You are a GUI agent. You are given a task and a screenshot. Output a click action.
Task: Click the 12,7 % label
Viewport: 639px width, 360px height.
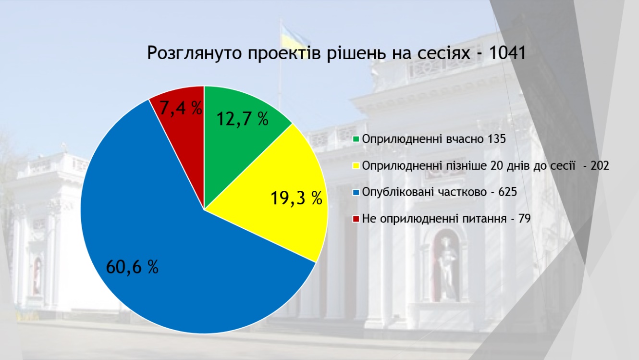click(x=243, y=119)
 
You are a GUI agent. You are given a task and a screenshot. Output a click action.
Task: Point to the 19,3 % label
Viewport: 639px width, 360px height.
click(x=296, y=198)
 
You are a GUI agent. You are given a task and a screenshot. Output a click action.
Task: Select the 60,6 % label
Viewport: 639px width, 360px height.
click(x=132, y=267)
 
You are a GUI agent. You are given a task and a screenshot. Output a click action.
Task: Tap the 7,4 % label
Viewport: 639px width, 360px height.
click(x=181, y=108)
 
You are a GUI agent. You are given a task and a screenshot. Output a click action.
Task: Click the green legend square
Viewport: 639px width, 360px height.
click(x=356, y=139)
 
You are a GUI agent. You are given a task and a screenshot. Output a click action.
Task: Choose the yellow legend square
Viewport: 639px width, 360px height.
click(x=356, y=166)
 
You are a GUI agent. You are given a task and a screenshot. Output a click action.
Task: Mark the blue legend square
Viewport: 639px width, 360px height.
click(x=356, y=192)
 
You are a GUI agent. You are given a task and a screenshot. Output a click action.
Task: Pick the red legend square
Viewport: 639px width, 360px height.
click(x=356, y=219)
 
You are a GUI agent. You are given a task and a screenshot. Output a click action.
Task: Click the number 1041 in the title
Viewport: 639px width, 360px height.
click(x=507, y=53)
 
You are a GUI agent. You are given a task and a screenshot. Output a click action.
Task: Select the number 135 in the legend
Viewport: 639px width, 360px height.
click(x=497, y=139)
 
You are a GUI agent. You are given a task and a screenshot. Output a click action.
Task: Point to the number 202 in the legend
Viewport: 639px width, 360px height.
click(x=600, y=166)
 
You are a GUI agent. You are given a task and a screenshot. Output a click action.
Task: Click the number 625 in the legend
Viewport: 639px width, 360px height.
click(x=508, y=192)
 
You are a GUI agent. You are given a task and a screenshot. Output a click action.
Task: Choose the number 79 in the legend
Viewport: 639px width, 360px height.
click(x=525, y=219)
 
